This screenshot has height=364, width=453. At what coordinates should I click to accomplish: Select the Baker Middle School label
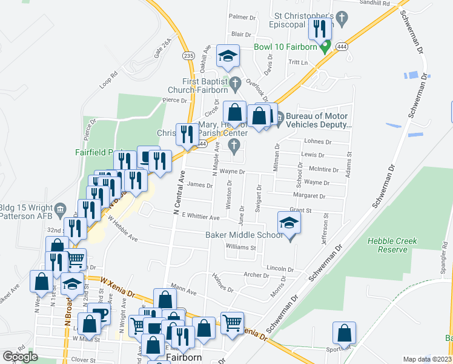[243, 235]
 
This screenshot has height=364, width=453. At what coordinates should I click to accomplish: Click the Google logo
[20, 356]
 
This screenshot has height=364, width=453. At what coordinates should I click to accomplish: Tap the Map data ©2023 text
[427, 359]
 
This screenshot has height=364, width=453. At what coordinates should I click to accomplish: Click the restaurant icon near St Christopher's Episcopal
[319, 29]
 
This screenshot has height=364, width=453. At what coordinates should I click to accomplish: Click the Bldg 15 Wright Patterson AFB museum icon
[60, 210]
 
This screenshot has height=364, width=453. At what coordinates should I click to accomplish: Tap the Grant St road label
[300, 211]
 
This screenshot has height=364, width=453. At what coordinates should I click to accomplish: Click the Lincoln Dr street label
[279, 268]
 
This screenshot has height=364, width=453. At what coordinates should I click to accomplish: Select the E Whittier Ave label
[196, 217]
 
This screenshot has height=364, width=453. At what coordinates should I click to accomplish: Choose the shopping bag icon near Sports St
[344, 333]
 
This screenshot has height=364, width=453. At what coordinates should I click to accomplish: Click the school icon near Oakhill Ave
[228, 56]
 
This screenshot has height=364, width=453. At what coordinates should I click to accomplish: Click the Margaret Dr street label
[308, 197]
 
